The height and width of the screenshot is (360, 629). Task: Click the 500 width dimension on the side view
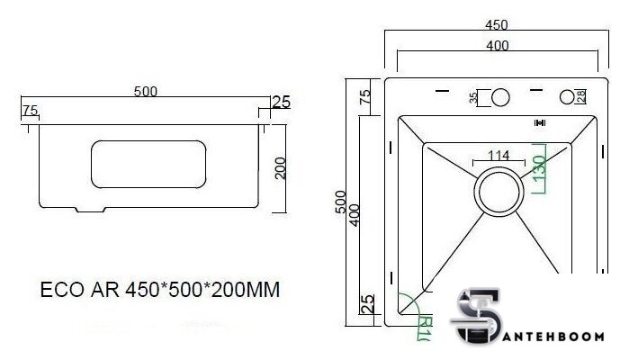[146, 91]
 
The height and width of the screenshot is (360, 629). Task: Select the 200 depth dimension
[281, 167]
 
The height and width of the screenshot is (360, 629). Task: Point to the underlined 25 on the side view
[280, 102]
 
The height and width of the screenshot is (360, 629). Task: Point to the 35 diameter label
[474, 97]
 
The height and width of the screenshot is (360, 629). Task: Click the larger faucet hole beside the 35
[500, 97]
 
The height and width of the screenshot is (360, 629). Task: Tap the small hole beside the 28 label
[568, 96]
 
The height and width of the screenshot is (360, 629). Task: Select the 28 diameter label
[582, 95]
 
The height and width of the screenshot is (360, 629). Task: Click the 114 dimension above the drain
[499, 155]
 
